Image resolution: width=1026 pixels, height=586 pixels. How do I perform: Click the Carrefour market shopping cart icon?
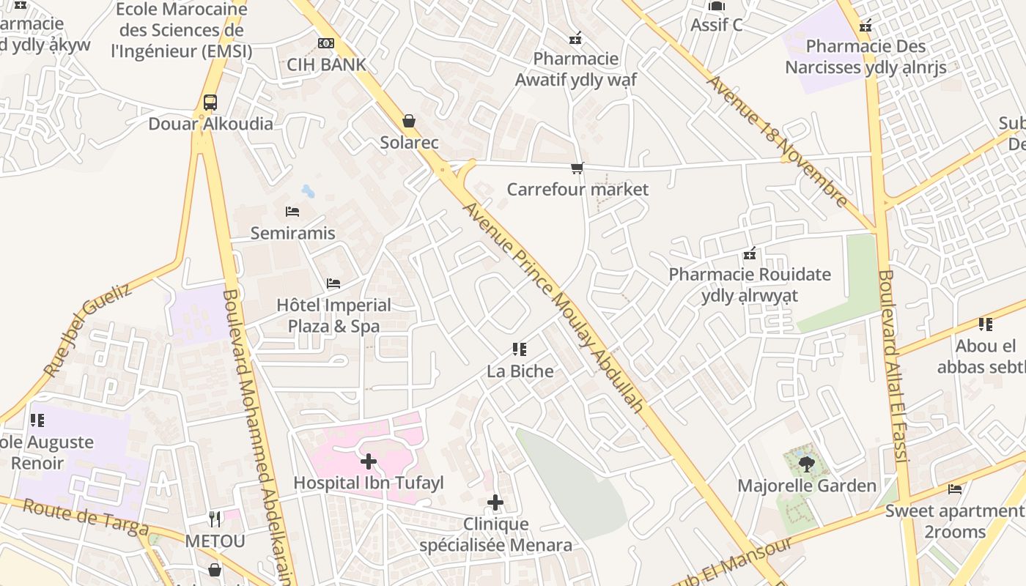577,168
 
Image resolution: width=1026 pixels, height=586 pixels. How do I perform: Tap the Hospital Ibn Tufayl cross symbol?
369,461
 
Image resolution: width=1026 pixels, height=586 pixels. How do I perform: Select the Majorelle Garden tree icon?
806,464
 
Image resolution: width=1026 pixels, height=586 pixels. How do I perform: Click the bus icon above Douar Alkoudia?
210,102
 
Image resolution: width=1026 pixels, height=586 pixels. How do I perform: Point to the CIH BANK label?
326,64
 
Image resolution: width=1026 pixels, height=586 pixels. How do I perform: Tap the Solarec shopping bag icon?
409,121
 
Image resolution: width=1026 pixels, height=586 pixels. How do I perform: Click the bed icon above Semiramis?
292,212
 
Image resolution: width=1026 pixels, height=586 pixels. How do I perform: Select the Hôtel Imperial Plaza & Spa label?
333,316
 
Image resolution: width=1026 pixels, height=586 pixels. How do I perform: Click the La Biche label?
520,371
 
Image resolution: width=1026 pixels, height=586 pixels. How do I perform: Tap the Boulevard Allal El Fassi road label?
893,366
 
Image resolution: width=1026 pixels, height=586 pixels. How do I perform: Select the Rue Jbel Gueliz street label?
87,330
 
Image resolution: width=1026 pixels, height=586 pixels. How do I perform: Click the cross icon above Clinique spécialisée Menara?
495,502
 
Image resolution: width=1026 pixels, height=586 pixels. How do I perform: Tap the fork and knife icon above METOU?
215,519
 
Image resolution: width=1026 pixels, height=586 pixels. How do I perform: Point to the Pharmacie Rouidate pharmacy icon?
750,254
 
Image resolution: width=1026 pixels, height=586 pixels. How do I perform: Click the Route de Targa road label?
86,517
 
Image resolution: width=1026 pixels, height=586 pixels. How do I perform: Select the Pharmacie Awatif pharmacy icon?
575,37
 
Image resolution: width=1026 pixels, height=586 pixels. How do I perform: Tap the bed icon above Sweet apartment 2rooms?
954,489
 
